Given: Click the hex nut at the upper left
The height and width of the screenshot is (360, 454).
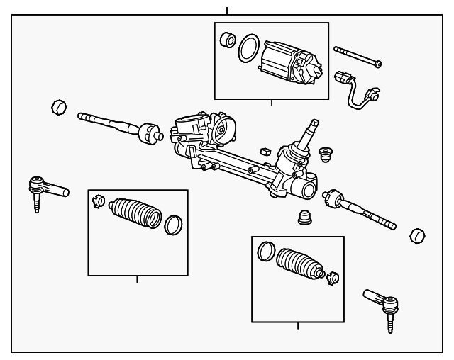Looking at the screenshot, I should point(58,108).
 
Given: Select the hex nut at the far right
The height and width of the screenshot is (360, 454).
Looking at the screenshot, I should point(418,235).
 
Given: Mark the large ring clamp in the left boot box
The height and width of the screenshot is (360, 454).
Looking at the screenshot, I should point(173,225).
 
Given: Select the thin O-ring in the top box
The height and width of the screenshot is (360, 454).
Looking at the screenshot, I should point(247,49).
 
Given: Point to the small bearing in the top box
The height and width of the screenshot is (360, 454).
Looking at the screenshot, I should point(228,39).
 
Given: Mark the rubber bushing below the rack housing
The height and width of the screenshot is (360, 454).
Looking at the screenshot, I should point(304,216).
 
